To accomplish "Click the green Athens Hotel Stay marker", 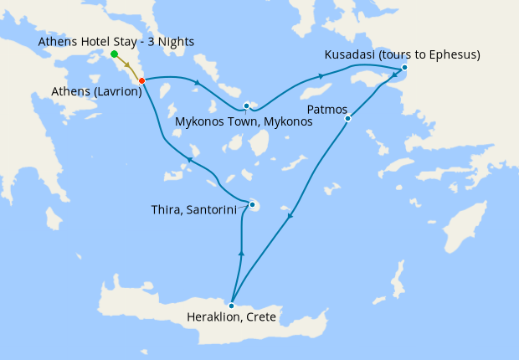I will click(x=114, y=54).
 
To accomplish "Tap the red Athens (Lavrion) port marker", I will click(x=141, y=80).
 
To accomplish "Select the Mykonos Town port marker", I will click(x=246, y=105).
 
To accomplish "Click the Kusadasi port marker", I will click(x=404, y=67).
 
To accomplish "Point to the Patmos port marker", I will click(x=347, y=118).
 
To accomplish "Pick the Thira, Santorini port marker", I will click(x=252, y=204).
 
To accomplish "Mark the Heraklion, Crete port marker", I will click(x=231, y=306).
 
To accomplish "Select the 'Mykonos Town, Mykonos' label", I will click(x=244, y=121).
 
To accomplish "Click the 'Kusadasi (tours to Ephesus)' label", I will click(x=402, y=55).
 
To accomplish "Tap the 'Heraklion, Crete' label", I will click(x=232, y=317).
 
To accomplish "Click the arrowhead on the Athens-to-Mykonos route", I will click(x=197, y=82).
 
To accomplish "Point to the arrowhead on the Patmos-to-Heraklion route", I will click(x=290, y=216).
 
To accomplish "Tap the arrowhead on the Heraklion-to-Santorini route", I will click(x=241, y=251).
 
